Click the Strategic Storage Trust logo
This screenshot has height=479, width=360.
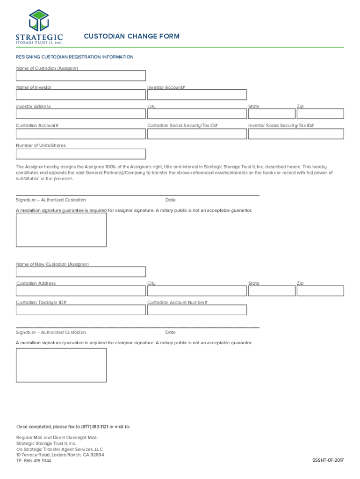(x=39, y=26)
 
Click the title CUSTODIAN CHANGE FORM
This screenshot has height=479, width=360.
(x=131, y=36)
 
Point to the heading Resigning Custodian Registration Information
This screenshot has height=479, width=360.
(x=75, y=57)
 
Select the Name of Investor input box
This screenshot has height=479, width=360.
(x=81, y=95)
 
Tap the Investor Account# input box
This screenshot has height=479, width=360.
(x=197, y=95)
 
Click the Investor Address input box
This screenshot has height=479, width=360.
(x=81, y=114)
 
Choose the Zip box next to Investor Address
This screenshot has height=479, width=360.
(x=320, y=114)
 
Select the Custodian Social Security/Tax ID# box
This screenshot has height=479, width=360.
(x=197, y=134)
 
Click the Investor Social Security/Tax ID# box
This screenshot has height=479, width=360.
(x=296, y=134)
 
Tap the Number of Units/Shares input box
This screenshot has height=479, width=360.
(x=81, y=154)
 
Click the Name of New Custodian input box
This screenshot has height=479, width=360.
(x=81, y=272)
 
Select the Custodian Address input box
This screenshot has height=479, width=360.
(x=81, y=291)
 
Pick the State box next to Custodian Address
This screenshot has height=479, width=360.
(x=271, y=291)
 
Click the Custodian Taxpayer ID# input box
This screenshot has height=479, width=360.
(x=81, y=310)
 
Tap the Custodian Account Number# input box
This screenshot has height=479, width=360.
(x=197, y=310)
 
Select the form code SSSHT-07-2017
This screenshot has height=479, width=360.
(x=328, y=461)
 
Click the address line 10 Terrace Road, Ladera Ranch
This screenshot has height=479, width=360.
(x=60, y=455)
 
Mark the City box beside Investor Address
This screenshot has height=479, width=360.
(x=197, y=114)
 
